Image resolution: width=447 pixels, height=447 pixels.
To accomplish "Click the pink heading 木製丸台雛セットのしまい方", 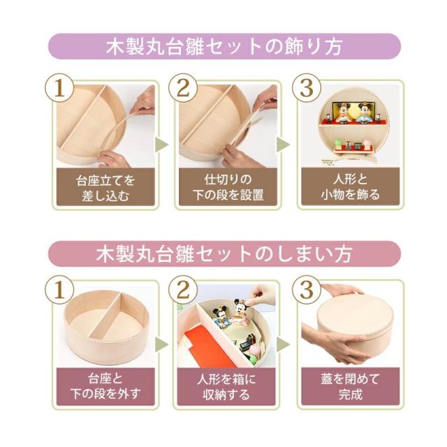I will point(223,252).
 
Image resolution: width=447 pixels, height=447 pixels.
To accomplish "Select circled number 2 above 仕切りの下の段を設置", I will point(182,89).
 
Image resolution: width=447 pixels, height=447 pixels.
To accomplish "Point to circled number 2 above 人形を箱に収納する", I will point(182,289).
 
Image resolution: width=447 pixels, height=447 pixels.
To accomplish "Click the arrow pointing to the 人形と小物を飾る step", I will point(283,145).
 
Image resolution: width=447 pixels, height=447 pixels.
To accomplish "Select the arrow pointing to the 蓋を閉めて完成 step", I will point(283,344).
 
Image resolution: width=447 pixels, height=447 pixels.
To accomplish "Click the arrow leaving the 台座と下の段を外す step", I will point(162,344).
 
